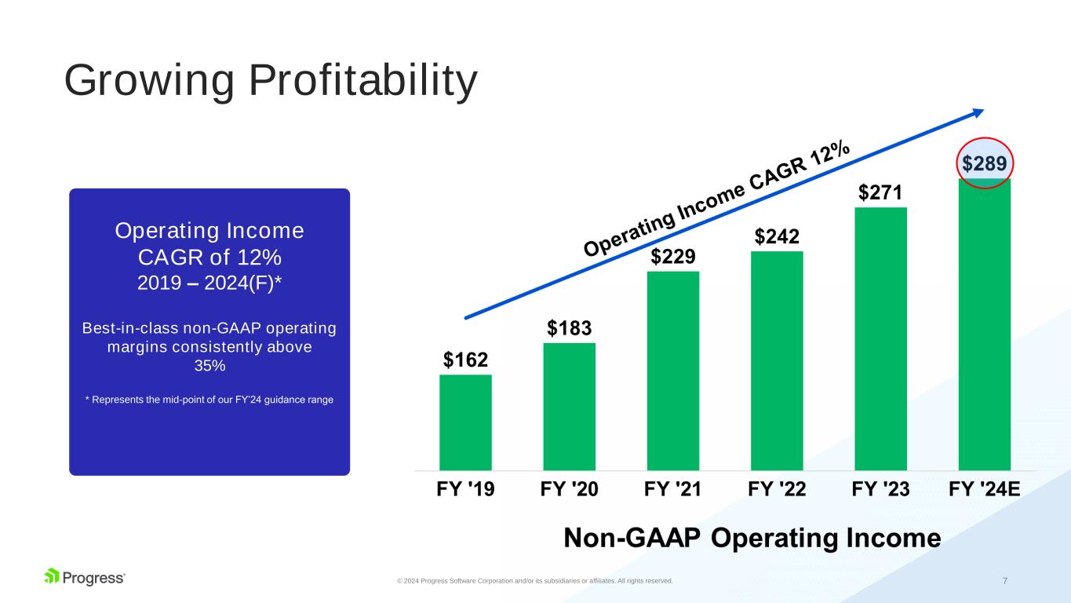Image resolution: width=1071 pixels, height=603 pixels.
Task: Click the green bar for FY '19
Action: pos(465,422)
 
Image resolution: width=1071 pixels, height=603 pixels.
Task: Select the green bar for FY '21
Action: pos(673,371)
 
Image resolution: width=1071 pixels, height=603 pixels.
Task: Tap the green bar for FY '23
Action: pos(880,339)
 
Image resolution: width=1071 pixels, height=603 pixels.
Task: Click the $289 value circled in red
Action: pos(985,163)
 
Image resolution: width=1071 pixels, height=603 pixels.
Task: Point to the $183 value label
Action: pos(569,328)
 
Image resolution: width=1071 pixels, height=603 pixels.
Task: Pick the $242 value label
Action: pos(777,236)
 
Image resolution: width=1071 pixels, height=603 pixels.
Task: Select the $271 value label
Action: pos(880,192)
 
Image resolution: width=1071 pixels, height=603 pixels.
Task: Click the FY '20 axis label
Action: pos(569,489)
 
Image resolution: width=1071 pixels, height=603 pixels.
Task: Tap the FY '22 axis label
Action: pos(777,489)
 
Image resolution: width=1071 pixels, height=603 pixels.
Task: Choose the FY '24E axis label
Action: pos(985,489)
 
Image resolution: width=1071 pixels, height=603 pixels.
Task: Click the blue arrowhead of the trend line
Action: pos(978,113)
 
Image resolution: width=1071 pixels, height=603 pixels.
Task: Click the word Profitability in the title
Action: pos(363,80)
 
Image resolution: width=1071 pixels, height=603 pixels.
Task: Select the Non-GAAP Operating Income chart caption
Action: pos(752,538)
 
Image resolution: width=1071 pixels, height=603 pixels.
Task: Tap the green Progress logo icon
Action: pos(52,576)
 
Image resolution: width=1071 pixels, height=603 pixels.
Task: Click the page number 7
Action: pos(1005,581)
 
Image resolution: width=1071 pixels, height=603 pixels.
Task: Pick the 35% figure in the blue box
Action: pos(209,366)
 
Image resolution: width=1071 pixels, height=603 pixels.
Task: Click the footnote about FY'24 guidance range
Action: pos(209,400)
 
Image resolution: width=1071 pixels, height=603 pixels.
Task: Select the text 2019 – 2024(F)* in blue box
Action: pos(209,283)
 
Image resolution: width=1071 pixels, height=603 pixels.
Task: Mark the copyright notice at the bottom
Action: pos(535,581)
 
